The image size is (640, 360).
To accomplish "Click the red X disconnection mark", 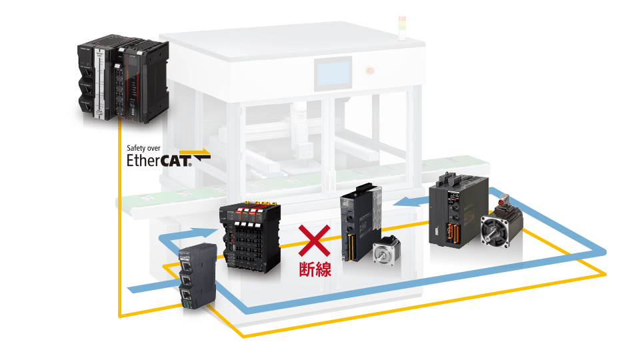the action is pos(314,241).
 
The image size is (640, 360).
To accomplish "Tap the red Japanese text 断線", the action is pos(315,269).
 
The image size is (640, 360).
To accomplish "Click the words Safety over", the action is pos(143,148).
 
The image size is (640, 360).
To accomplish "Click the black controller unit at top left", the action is pos(123,79).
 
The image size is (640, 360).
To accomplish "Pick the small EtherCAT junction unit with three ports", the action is pos(197,275).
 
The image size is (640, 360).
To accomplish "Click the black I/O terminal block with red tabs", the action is pos(250,237).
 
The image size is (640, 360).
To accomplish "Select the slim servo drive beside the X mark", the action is pos(361,223).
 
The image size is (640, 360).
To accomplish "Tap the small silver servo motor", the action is pos(386,251).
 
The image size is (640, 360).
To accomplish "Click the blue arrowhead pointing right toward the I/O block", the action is pos(207,233).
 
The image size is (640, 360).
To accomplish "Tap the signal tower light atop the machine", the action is pos(402,28).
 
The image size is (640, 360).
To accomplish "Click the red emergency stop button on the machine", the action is pos(370,71).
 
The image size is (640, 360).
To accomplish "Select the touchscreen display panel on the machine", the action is pos(333,73).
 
